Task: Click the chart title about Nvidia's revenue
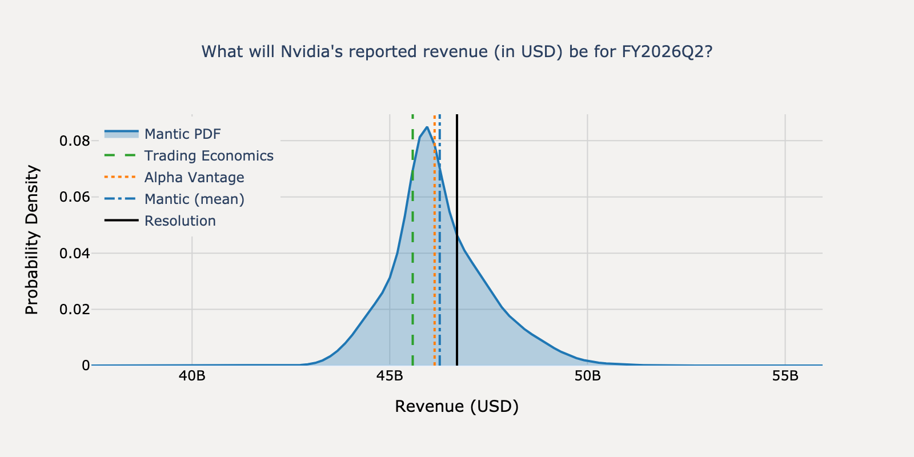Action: (457, 52)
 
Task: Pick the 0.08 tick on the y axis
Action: (75, 141)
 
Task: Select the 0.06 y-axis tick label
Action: (75, 197)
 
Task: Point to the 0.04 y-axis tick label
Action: (75, 253)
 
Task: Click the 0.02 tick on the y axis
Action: (75, 310)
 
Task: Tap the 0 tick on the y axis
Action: (86, 366)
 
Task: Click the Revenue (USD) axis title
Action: (457, 406)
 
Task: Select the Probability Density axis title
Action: (32, 240)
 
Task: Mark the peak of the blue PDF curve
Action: (427, 127)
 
